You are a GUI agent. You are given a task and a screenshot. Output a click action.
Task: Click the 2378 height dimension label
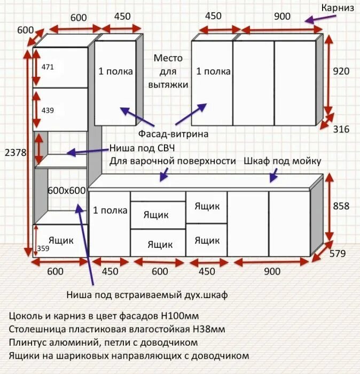click(15, 152)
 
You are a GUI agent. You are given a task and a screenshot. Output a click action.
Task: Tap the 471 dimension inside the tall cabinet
click(48, 67)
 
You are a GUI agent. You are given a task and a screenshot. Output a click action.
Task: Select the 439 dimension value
click(48, 111)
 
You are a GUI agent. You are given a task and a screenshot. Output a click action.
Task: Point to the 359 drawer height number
click(43, 248)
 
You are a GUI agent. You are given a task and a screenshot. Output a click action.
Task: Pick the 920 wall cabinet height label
click(341, 71)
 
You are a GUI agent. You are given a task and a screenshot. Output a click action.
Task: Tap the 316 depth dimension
click(341, 129)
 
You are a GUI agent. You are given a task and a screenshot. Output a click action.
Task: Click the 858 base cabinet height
click(341, 206)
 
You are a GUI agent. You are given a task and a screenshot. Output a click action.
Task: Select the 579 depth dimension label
click(338, 254)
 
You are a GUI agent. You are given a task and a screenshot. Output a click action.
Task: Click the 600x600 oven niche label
click(67, 191)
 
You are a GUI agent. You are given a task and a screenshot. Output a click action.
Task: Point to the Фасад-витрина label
click(174, 134)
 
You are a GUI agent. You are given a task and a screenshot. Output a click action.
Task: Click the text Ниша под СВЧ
click(142, 148)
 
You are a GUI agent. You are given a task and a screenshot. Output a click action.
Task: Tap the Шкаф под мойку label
click(282, 161)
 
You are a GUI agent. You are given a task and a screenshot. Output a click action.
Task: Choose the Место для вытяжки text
click(168, 71)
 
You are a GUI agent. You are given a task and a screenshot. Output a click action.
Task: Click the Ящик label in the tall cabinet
click(61, 240)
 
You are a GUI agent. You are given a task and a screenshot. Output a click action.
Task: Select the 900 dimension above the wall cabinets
click(282, 16)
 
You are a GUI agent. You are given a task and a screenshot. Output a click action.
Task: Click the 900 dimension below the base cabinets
click(272, 271)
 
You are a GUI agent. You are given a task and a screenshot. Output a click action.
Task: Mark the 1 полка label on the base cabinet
click(110, 211)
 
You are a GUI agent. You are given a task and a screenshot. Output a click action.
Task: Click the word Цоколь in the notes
click(27, 316)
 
